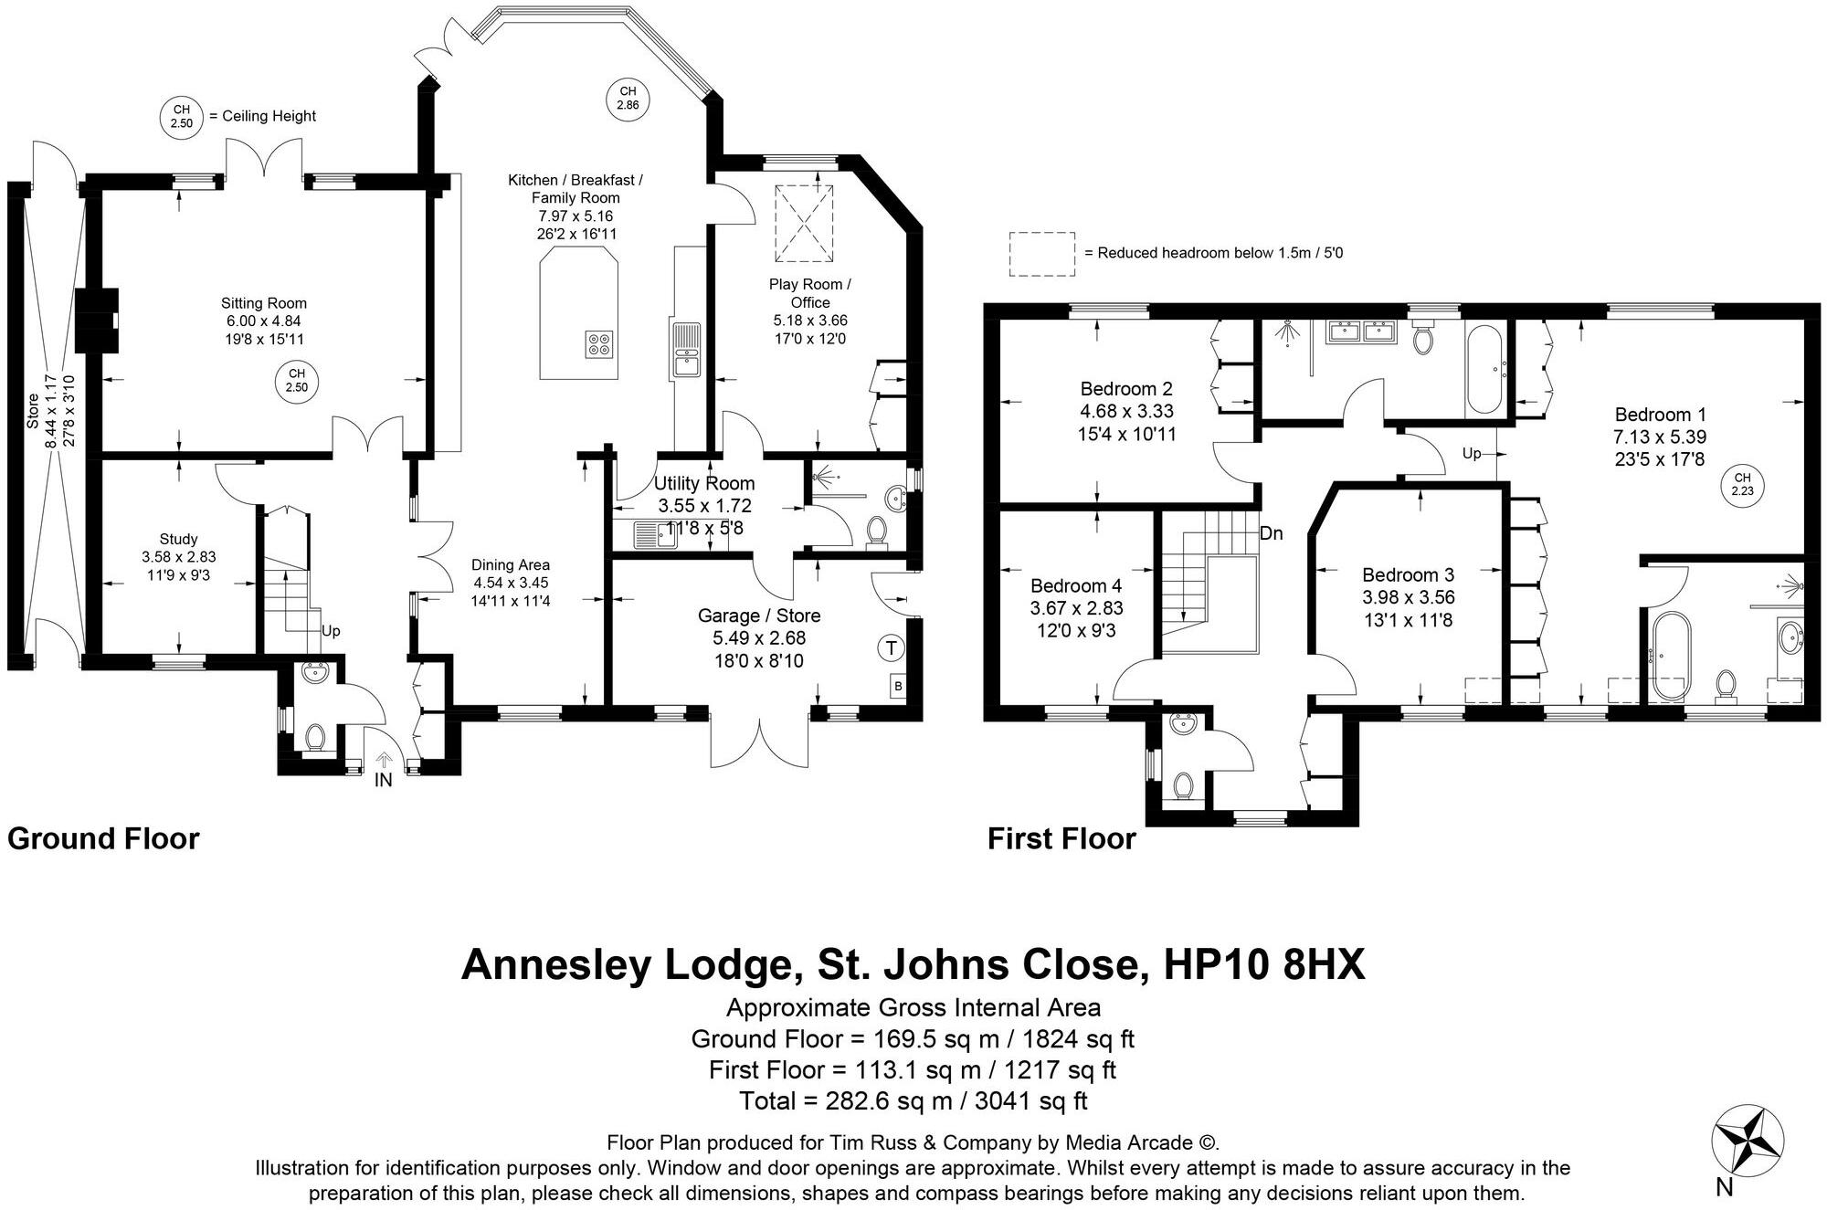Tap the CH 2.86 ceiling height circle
[628, 98]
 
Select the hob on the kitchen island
[600, 343]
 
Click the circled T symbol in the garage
[891, 648]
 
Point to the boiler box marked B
[898, 686]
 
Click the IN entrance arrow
[384, 760]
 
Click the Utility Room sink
[654, 534]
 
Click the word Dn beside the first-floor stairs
[1271, 533]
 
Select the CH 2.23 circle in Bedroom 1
[1742, 484]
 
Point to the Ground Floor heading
[103, 838]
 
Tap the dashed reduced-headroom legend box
[1041, 254]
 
